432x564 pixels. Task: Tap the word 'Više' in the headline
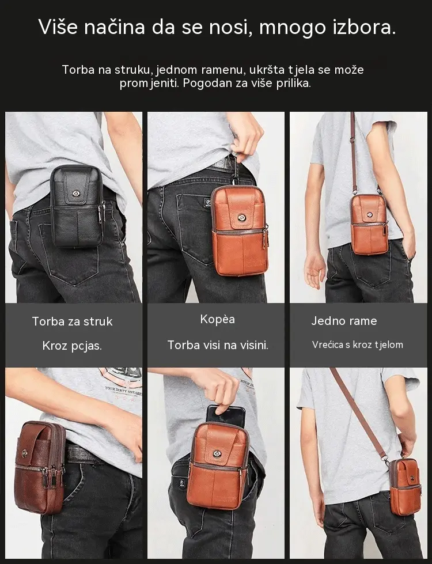pyautogui.click(x=58, y=27)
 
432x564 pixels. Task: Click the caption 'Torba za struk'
pyautogui.click(x=73, y=321)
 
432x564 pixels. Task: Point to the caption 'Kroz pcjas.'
pyautogui.click(x=73, y=346)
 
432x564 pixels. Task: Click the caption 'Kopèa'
pyautogui.click(x=218, y=319)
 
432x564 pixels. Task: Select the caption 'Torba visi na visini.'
pyautogui.click(x=218, y=345)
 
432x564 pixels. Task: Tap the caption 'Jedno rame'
pyautogui.click(x=344, y=321)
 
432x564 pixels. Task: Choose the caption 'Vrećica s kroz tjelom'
pyautogui.click(x=358, y=345)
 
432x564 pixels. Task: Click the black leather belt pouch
pyautogui.click(x=77, y=206)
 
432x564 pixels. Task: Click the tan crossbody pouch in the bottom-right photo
pyautogui.click(x=406, y=481)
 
